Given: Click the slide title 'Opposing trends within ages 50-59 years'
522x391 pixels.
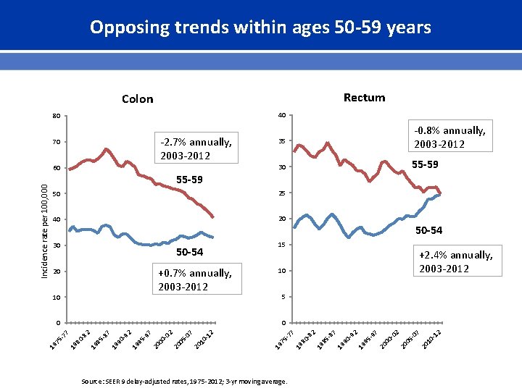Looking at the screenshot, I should pyautogui.click(x=260, y=28).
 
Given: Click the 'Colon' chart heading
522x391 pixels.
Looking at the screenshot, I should pyautogui.click(x=137, y=99).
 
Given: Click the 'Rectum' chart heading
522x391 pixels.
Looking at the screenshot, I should pyautogui.click(x=364, y=98).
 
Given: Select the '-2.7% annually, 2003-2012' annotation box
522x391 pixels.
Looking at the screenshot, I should pyautogui.click(x=196, y=148).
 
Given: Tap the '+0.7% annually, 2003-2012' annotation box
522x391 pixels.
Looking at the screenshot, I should pyautogui.click(x=195, y=279).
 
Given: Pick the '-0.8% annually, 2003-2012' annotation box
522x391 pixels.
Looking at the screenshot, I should pyautogui.click(x=449, y=137).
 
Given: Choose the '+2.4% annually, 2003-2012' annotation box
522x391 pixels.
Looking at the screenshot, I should pyautogui.click(x=456, y=261).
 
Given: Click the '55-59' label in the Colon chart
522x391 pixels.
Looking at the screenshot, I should pyautogui.click(x=190, y=180).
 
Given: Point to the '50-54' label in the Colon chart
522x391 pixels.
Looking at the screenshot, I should pyautogui.click(x=190, y=253).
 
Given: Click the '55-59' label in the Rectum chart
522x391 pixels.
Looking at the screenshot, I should pyautogui.click(x=425, y=165).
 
